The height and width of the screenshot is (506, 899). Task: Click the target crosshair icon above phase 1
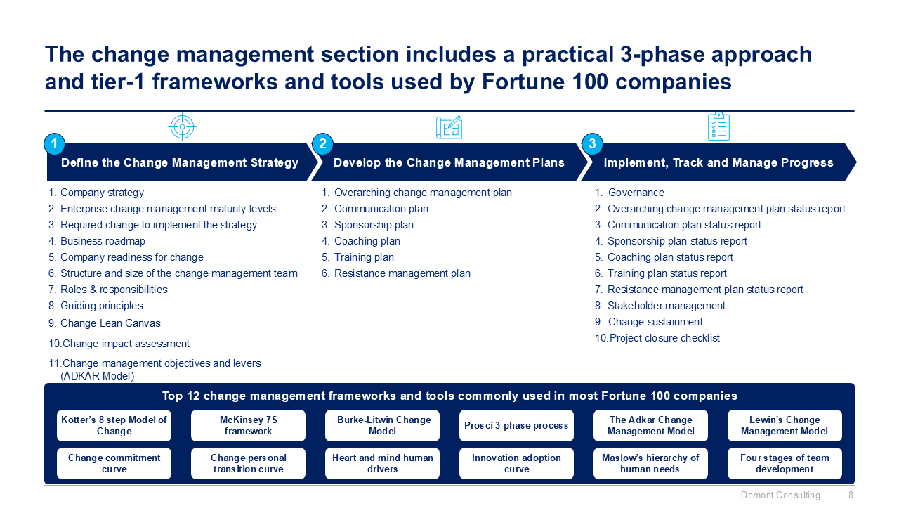(182, 127)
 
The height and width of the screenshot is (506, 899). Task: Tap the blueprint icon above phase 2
(449, 127)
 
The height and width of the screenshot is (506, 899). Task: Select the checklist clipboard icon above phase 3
(718, 126)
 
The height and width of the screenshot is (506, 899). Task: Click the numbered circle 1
(55, 144)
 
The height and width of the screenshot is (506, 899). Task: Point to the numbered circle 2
(322, 144)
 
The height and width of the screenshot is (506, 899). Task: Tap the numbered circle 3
(592, 144)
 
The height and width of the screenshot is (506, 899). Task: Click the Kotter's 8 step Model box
(114, 425)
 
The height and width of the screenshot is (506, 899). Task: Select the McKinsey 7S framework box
(248, 425)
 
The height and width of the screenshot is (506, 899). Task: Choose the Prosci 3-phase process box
(516, 425)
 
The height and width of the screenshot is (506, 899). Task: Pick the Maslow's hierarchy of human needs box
(650, 463)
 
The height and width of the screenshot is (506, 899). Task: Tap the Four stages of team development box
(785, 463)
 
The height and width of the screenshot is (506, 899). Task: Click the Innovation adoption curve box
(516, 463)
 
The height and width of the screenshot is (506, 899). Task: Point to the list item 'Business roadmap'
(97, 241)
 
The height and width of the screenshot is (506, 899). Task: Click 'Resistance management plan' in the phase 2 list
(396, 273)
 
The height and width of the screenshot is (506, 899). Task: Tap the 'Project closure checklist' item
(657, 338)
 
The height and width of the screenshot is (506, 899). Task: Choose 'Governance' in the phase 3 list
(630, 193)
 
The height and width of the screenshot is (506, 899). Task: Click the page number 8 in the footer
(851, 495)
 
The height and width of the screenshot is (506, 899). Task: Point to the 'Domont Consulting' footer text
(780, 495)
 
